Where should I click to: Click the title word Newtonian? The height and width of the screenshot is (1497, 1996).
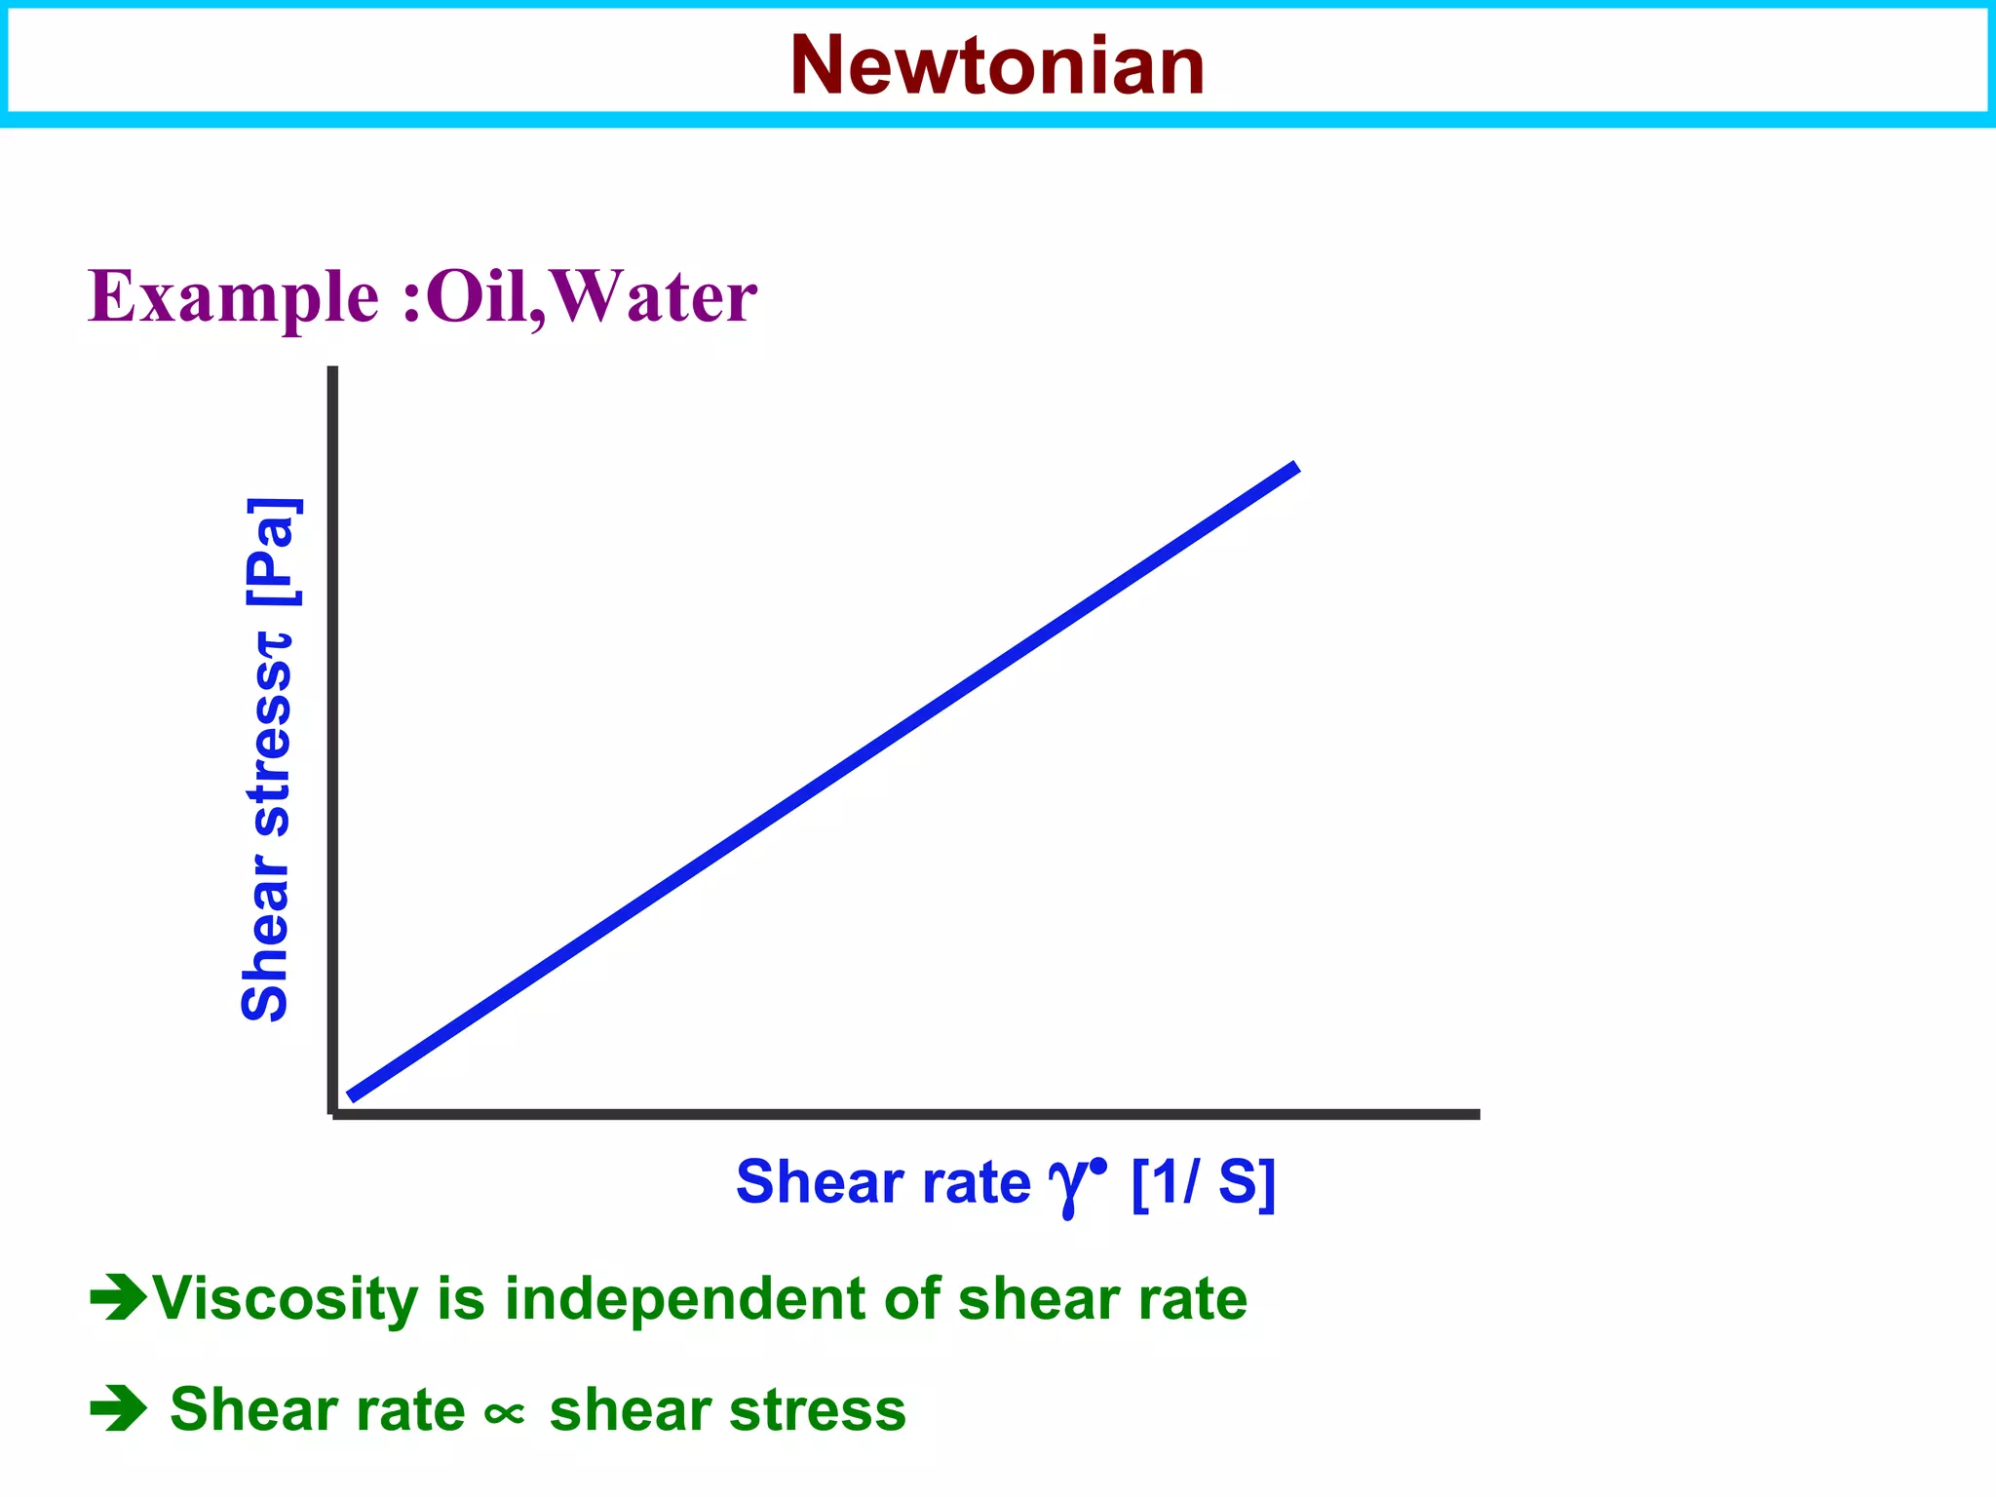point(997,66)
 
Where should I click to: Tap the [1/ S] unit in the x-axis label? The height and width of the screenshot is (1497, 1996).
point(1204,1181)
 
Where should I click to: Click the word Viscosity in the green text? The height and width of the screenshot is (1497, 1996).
point(287,1300)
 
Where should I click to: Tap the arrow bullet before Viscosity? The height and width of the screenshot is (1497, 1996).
point(118,1297)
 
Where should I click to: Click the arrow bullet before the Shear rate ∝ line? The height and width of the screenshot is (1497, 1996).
point(118,1409)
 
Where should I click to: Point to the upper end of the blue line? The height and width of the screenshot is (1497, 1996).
point(1295,469)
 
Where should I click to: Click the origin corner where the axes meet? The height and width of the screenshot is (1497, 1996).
point(334,1113)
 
